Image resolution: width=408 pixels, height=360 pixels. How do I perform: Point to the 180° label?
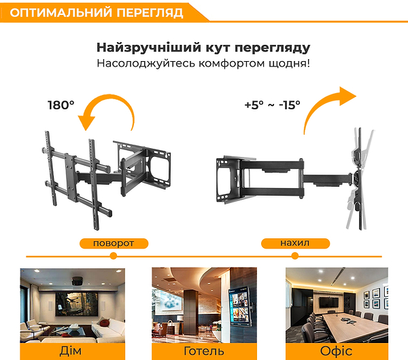coord(61,105)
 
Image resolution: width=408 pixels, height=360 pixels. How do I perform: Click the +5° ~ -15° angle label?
coord(272,106)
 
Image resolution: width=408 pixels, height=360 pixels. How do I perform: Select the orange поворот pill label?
coord(113,242)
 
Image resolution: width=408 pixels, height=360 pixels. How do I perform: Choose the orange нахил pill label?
coord(294,242)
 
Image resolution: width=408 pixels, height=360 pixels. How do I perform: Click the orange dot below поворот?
coord(113,256)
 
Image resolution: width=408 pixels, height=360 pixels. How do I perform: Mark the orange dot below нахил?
coord(294,256)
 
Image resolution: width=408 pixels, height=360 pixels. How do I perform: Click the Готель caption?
coord(203,351)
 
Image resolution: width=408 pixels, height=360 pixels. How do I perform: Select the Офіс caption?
coord(336,351)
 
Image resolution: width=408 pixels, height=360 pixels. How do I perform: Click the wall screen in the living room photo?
coord(81,302)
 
